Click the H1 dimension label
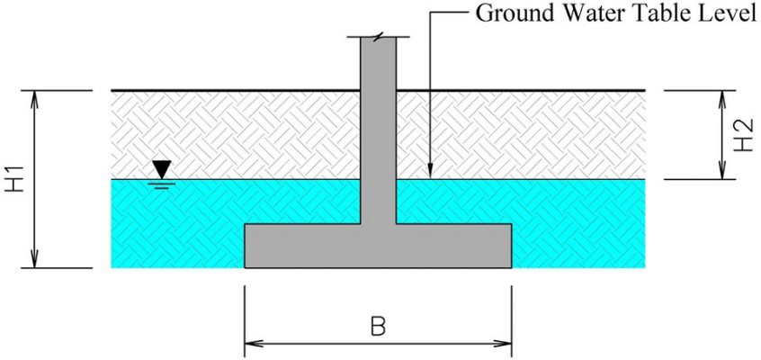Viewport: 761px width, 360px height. [x=14, y=178]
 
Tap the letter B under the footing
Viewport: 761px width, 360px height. [x=378, y=328]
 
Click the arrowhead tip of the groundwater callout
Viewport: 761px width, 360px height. [x=430, y=178]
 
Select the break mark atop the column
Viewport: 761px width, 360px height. [x=378, y=36]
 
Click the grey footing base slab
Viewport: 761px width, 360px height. [x=378, y=246]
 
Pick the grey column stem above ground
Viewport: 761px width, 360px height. [x=378, y=64]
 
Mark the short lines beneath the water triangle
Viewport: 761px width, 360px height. [x=162, y=184]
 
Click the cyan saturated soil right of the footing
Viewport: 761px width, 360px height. [x=578, y=223]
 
